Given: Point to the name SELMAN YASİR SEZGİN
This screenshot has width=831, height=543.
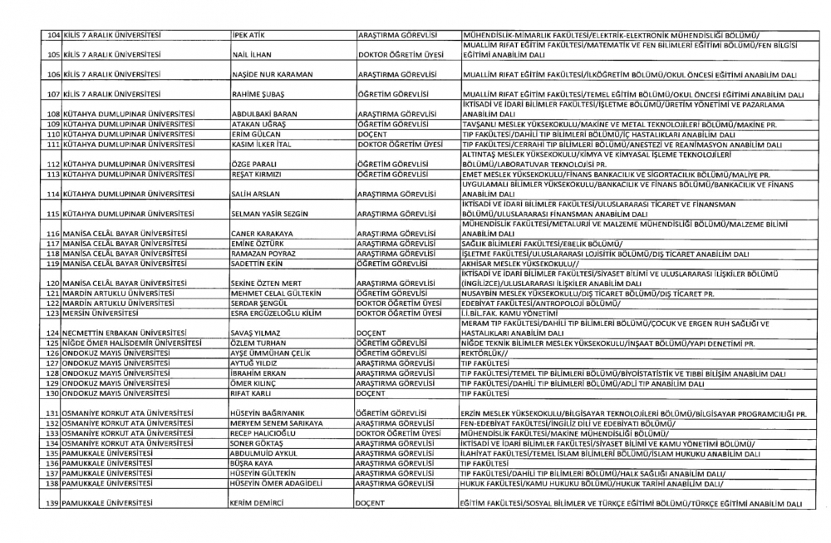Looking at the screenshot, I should pos(268,215).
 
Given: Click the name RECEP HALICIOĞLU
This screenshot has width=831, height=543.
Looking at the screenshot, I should pos(268,433).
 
